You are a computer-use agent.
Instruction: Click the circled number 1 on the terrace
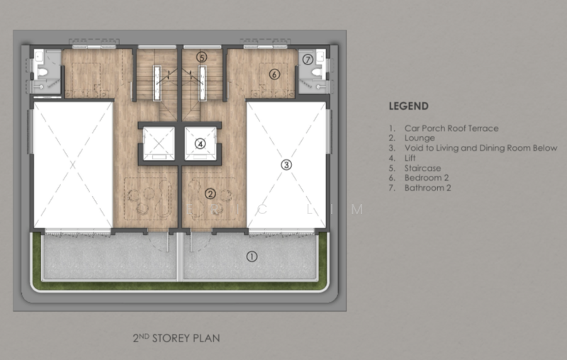pos(252,257)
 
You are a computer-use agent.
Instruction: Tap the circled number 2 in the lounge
pos(210,193)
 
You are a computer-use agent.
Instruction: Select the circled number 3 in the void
pos(286,165)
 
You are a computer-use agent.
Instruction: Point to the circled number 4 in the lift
pos(201,144)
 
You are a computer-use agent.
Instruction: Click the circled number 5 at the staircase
pos(202,57)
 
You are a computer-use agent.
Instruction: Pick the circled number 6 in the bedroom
pos(274,74)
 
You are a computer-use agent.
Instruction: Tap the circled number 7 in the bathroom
pos(308,60)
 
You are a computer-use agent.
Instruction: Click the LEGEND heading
pos(409,106)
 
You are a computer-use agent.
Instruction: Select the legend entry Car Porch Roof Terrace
pos(451,128)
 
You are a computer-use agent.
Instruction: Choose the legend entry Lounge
pos(420,138)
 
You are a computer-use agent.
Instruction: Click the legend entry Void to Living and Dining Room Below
pos(481,148)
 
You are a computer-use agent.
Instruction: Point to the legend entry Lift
pos(410,158)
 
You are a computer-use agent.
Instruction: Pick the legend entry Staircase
pos(422,168)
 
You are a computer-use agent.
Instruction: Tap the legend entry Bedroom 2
pos(427,178)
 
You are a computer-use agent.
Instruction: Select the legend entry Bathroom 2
pos(428,188)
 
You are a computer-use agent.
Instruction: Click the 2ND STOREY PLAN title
pos(176,338)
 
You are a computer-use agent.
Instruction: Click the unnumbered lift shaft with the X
pos(159,143)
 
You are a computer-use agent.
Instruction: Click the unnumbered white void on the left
pos(73,165)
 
